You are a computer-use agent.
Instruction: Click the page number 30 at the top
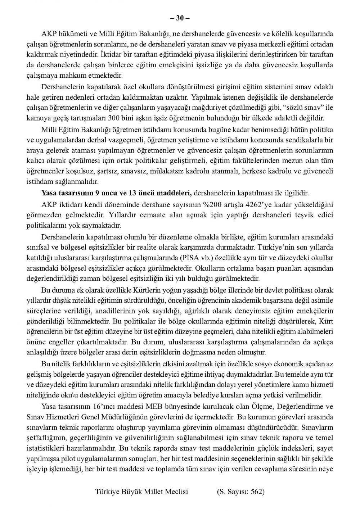(180, 18)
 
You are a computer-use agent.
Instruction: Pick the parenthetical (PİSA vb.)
(195, 258)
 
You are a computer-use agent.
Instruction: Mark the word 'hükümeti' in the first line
(70, 34)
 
